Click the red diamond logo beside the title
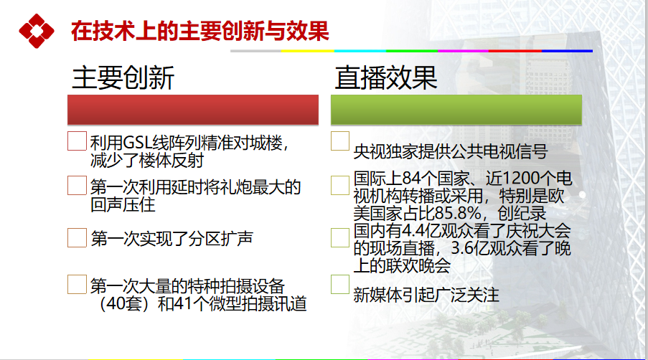click(x=37, y=31)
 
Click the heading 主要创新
click(x=123, y=77)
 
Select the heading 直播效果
click(x=386, y=77)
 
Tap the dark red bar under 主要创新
click(x=193, y=110)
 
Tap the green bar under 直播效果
click(x=456, y=110)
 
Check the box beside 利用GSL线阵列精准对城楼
click(x=77, y=141)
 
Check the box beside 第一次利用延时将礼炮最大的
click(x=77, y=185)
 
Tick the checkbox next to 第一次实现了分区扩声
click(x=77, y=238)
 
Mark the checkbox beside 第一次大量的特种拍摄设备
click(x=77, y=285)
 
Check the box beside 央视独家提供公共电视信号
click(x=340, y=141)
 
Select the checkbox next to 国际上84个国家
click(x=340, y=185)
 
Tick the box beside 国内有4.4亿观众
click(x=340, y=238)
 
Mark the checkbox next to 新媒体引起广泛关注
click(x=340, y=285)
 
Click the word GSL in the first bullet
click(x=137, y=143)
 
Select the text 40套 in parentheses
click(x=124, y=304)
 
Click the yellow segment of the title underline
click(x=307, y=51)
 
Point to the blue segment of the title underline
click(x=567, y=51)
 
